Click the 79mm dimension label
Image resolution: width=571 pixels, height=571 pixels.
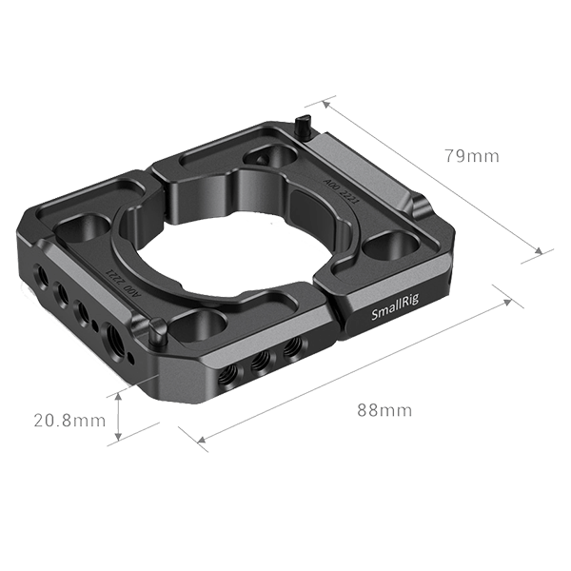click(x=472, y=156)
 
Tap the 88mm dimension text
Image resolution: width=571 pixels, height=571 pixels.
click(x=384, y=410)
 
